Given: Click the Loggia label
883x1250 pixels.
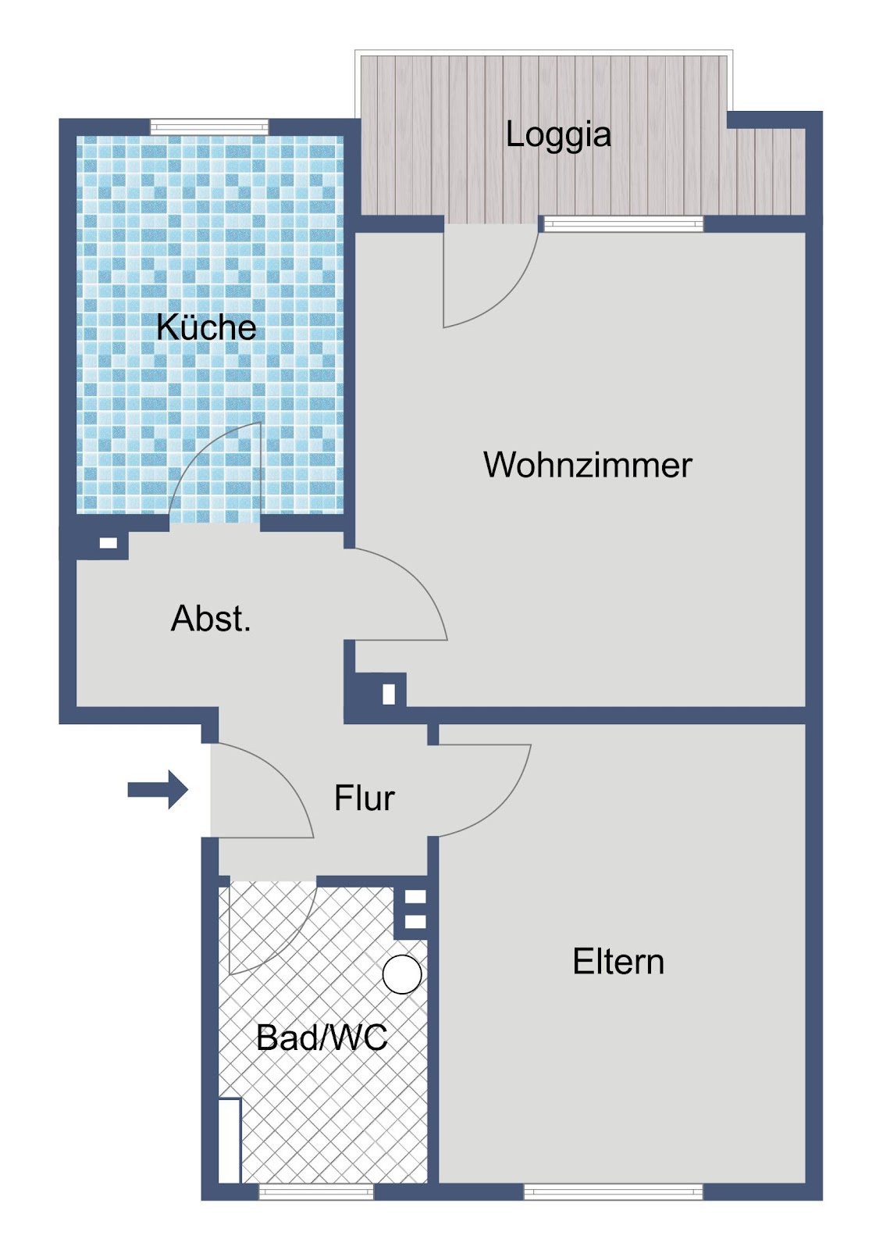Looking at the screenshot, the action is pyautogui.click(x=558, y=137).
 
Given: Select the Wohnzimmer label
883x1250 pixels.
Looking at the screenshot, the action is pyautogui.click(x=588, y=464).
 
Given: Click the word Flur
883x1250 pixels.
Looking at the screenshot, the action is pyautogui.click(x=365, y=798).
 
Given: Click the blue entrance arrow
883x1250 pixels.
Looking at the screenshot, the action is pyautogui.click(x=158, y=790).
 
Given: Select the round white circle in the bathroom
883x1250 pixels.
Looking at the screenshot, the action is pyautogui.click(x=401, y=974).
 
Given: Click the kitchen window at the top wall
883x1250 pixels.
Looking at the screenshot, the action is pyautogui.click(x=209, y=127).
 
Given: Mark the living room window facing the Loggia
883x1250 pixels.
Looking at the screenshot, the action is pyautogui.click(x=624, y=224).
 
